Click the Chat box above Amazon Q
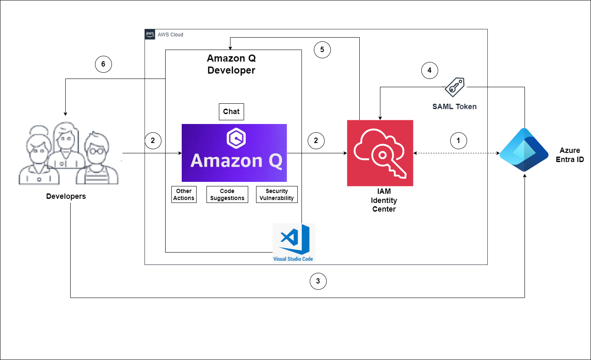click(231, 112)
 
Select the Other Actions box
click(184, 195)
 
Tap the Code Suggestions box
click(227, 195)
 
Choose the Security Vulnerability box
click(277, 195)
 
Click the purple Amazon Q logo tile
click(234, 153)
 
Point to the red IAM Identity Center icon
click(380, 153)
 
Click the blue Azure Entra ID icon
click(524, 150)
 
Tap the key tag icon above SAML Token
click(454, 87)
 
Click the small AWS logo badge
click(150, 34)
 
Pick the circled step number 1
click(458, 141)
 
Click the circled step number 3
click(318, 281)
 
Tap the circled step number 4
click(430, 70)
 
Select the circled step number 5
click(322, 50)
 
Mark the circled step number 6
click(103, 64)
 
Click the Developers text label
click(66, 196)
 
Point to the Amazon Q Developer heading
click(231, 64)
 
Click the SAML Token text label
click(454, 107)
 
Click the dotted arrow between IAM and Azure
click(456, 153)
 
